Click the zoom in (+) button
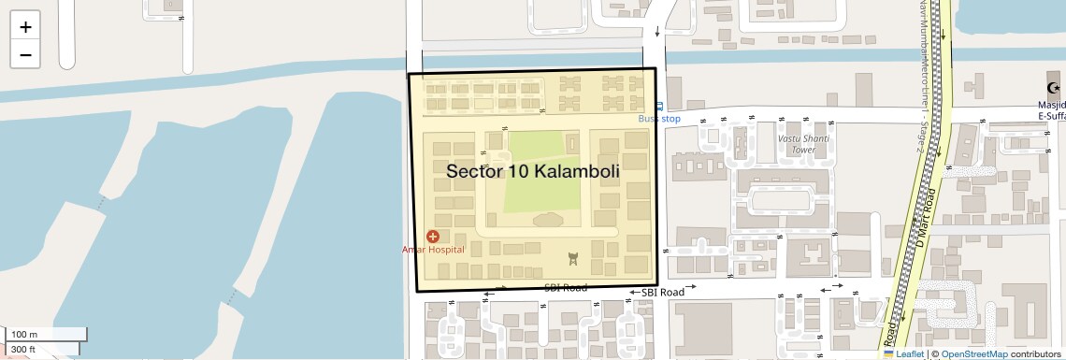tap(25, 27)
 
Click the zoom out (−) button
tap(25, 54)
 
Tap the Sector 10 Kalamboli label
tap(533, 172)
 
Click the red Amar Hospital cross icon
tap(433, 237)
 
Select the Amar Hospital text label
tap(433, 250)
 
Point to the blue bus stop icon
tap(659, 107)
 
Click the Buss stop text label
tap(659, 119)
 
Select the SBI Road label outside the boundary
tap(662, 292)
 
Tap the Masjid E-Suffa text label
tap(1052, 108)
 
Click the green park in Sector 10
tap(543, 172)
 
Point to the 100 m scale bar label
tap(24, 334)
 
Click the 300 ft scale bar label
tap(24, 350)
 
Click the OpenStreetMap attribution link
tap(974, 354)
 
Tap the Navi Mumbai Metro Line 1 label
tap(922, 75)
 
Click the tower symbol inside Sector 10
tap(573, 259)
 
